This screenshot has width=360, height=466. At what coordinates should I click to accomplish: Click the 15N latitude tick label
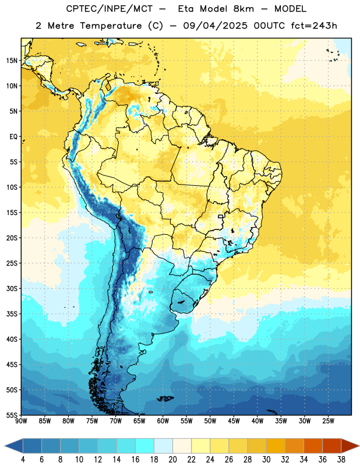(12, 61)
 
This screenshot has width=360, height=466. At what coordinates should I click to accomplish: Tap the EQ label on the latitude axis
(13, 137)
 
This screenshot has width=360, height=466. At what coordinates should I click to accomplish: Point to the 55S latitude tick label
(12, 415)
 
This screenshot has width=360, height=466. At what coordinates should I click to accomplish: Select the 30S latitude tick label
(12, 288)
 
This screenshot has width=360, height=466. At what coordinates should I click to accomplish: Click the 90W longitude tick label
(21, 421)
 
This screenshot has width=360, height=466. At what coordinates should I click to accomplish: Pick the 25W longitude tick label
(328, 421)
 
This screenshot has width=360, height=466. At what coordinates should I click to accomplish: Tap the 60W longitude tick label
(163, 421)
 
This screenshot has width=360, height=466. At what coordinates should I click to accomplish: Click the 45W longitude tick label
(234, 421)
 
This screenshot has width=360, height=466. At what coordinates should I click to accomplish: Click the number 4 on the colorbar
(23, 460)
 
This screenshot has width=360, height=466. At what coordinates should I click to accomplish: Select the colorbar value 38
(341, 460)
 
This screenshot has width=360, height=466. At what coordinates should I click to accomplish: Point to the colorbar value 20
(172, 460)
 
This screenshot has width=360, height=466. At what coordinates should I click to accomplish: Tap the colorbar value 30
(266, 460)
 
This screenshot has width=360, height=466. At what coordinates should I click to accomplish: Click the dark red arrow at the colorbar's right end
(350, 446)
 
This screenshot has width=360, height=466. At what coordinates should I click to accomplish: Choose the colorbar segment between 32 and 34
(294, 446)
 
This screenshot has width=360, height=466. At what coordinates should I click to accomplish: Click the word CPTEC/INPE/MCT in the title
(110, 9)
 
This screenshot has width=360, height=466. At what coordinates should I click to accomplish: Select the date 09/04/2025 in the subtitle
(215, 26)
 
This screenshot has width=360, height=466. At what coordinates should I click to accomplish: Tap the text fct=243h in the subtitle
(314, 26)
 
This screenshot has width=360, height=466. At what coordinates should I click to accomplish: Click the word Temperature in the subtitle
(111, 26)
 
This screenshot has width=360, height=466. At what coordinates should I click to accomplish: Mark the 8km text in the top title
(243, 9)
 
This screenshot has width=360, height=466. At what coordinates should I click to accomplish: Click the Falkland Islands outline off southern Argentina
(165, 398)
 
